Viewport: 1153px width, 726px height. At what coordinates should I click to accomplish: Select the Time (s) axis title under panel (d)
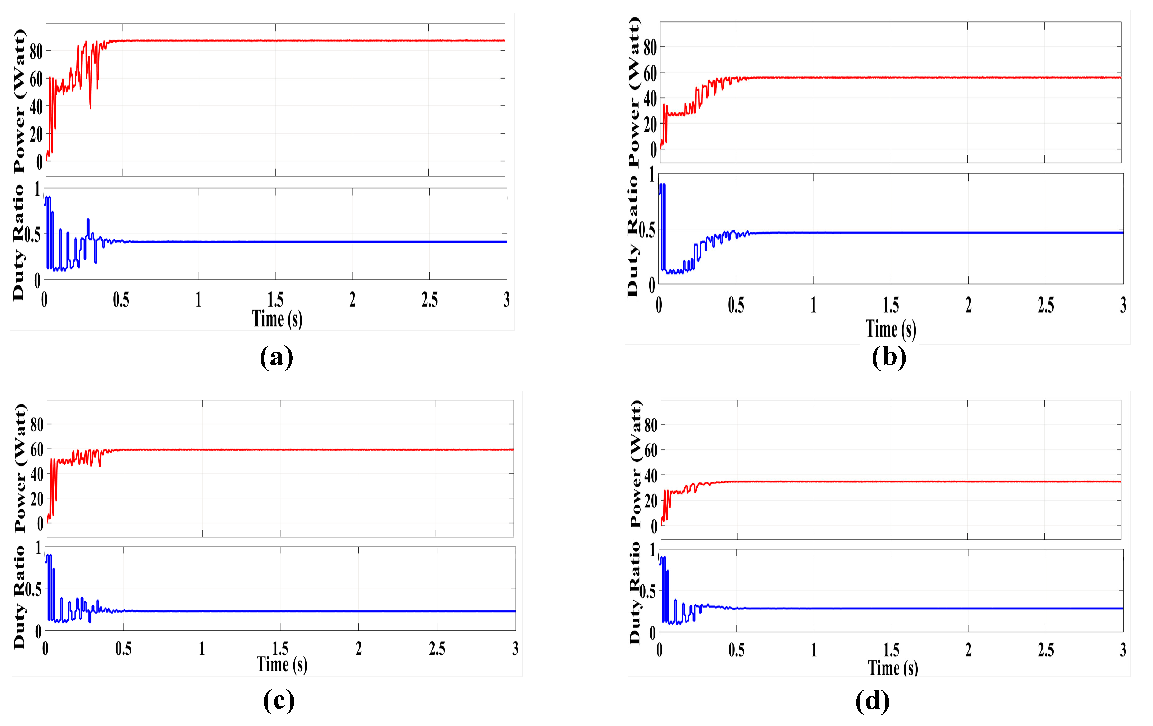(x=893, y=668)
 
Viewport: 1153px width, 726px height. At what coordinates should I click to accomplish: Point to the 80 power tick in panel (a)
(x=36, y=52)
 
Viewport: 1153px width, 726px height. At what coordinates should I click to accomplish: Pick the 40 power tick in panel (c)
(x=37, y=474)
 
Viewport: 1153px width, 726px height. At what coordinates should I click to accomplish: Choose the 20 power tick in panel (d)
(x=651, y=501)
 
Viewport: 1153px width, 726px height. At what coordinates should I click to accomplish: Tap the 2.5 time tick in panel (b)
(x=1046, y=305)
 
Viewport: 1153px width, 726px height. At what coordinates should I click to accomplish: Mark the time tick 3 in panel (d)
(x=1123, y=649)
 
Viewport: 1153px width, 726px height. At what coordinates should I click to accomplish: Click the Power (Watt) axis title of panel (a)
(x=19, y=100)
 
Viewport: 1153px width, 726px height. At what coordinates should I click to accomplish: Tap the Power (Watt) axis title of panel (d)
(x=635, y=464)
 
